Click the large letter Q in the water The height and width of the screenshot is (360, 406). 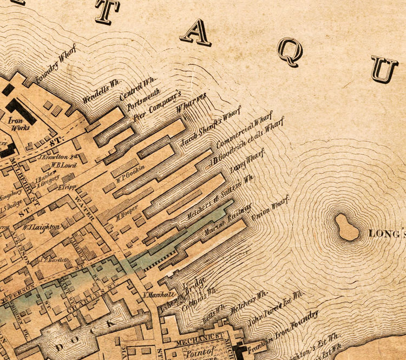coord(290,52)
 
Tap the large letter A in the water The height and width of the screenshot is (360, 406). coord(195,33)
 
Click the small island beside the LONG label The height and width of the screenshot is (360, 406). coord(346,227)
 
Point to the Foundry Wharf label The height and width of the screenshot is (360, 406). coord(56,65)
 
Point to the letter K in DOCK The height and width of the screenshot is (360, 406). coord(113,323)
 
